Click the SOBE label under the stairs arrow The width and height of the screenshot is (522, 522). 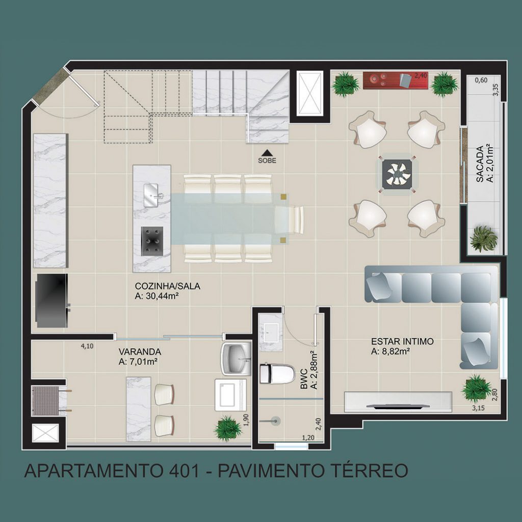[267, 161]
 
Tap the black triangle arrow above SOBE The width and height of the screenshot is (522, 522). [267, 153]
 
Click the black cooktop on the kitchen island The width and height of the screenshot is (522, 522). [152, 241]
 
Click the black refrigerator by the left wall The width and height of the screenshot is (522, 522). [53, 301]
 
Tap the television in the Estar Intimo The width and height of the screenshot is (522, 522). [398, 406]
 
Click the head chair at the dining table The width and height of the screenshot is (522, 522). [290, 219]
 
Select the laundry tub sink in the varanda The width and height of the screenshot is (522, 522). [237, 358]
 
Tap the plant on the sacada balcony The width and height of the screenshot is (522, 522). [483, 238]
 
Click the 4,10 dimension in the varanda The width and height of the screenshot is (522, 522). [87, 346]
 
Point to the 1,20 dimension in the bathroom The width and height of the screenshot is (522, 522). [308, 437]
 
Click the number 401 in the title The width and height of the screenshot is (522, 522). [182, 471]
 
